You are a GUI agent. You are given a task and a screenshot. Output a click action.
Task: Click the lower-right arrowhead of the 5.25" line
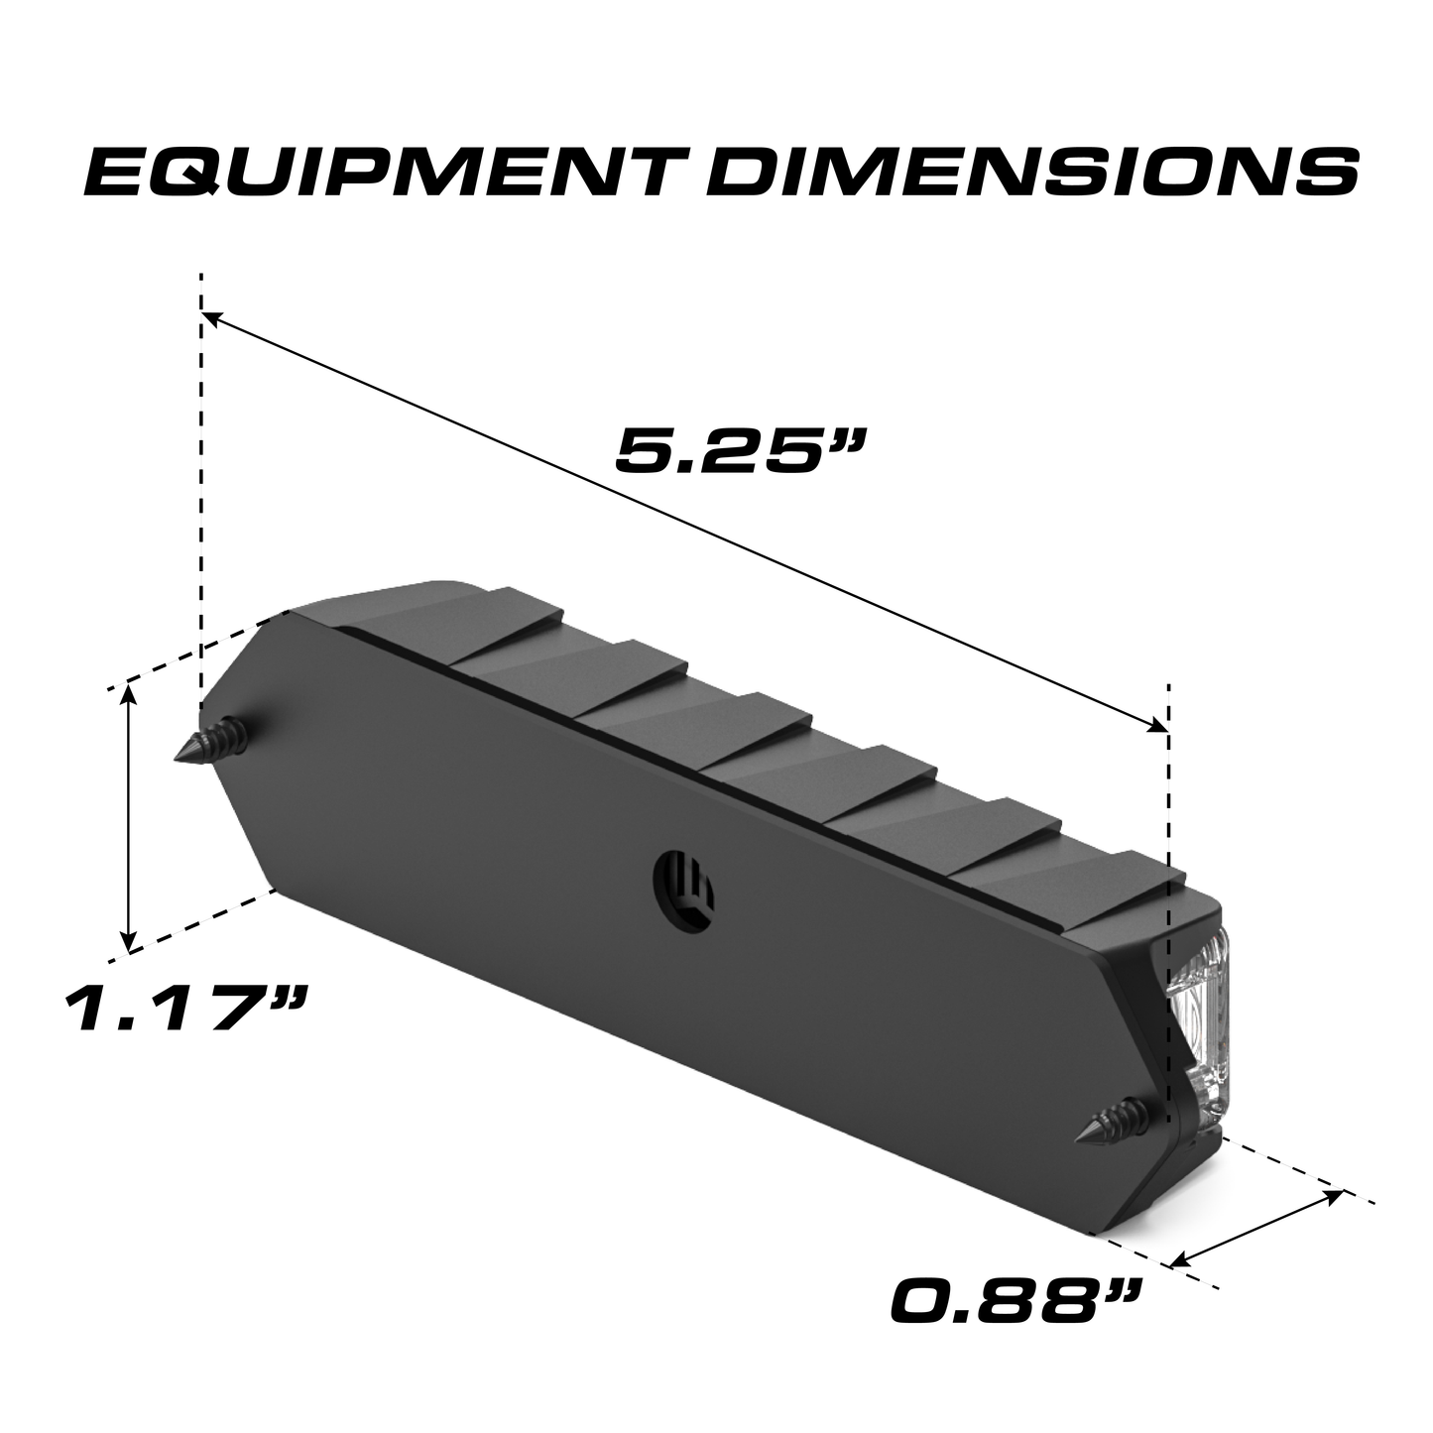pos(1160,726)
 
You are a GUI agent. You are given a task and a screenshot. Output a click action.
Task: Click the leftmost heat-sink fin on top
pos(417,620)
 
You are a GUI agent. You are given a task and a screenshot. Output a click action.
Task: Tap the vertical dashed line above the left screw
pos(201,496)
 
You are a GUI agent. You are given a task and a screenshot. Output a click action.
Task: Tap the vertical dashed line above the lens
pos(1170,793)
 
